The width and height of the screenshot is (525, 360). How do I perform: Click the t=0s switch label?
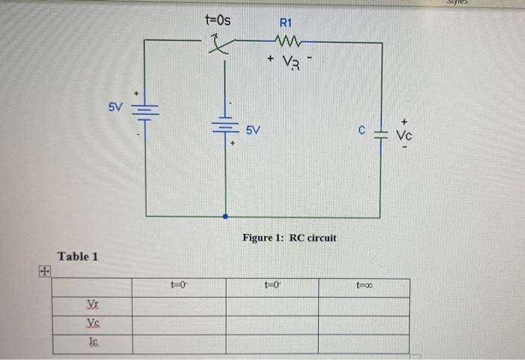[217, 20]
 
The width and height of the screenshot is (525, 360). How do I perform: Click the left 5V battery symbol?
[144, 111]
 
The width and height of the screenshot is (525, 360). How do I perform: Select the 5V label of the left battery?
[114, 106]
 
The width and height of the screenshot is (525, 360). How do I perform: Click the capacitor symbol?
[380, 135]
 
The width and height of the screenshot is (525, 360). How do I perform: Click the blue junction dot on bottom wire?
[225, 216]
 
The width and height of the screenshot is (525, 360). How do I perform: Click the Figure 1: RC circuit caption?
[289, 238]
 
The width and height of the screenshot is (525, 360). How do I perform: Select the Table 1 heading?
[78, 256]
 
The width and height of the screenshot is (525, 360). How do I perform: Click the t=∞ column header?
[364, 286]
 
